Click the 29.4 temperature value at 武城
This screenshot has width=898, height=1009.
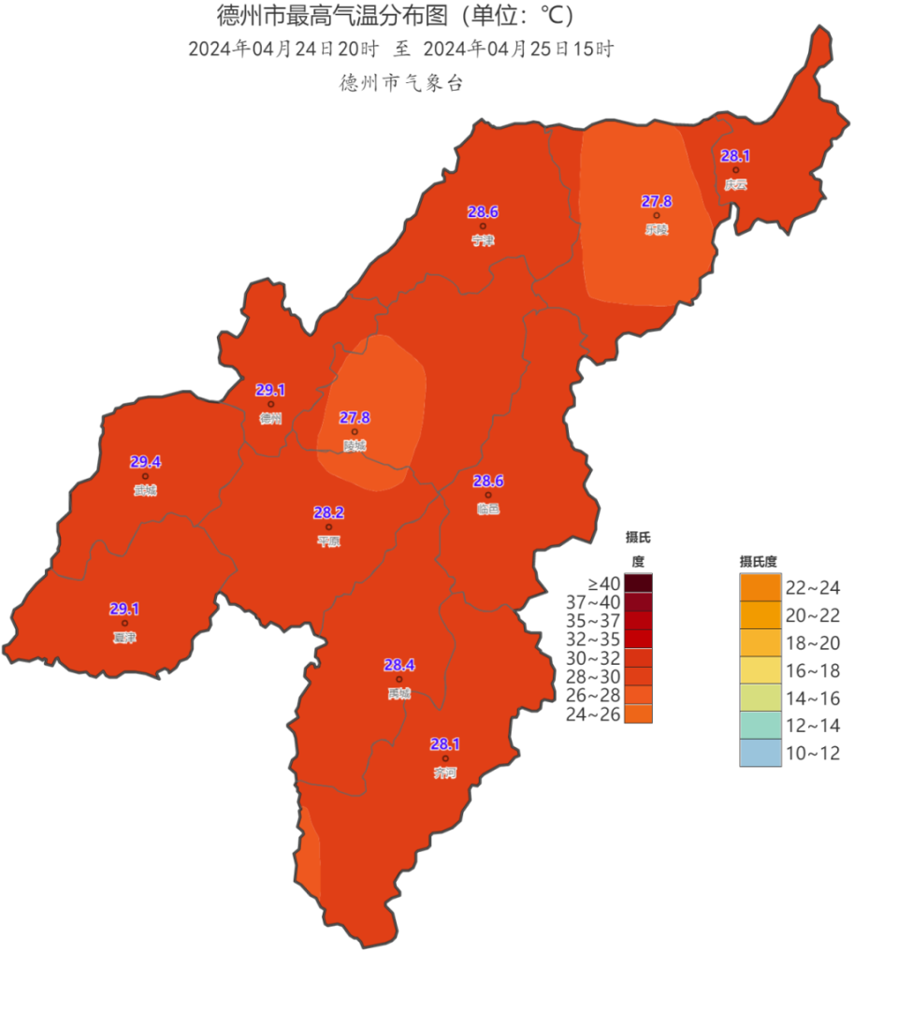click(x=145, y=462)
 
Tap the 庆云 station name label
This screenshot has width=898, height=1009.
click(x=735, y=184)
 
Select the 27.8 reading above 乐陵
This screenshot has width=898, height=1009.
click(x=656, y=201)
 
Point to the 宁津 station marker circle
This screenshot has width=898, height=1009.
click(x=483, y=226)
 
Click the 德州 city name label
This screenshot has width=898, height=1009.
click(x=270, y=419)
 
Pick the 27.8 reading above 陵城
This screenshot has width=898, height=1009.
click(x=355, y=417)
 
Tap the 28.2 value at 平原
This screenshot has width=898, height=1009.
click(x=328, y=512)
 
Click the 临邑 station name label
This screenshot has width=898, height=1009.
click(x=487, y=509)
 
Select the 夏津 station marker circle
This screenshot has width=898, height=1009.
click(x=124, y=623)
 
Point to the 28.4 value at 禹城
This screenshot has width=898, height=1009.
click(x=399, y=665)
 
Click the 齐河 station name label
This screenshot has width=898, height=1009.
click(x=445, y=772)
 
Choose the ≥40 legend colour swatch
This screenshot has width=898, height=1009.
click(x=639, y=584)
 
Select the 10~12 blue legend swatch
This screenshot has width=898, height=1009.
click(x=760, y=753)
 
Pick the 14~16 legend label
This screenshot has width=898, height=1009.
click(x=812, y=698)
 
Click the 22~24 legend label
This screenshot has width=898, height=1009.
click(x=812, y=588)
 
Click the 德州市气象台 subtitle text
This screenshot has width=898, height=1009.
click(x=401, y=83)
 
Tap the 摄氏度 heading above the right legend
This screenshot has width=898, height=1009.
click(x=759, y=561)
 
